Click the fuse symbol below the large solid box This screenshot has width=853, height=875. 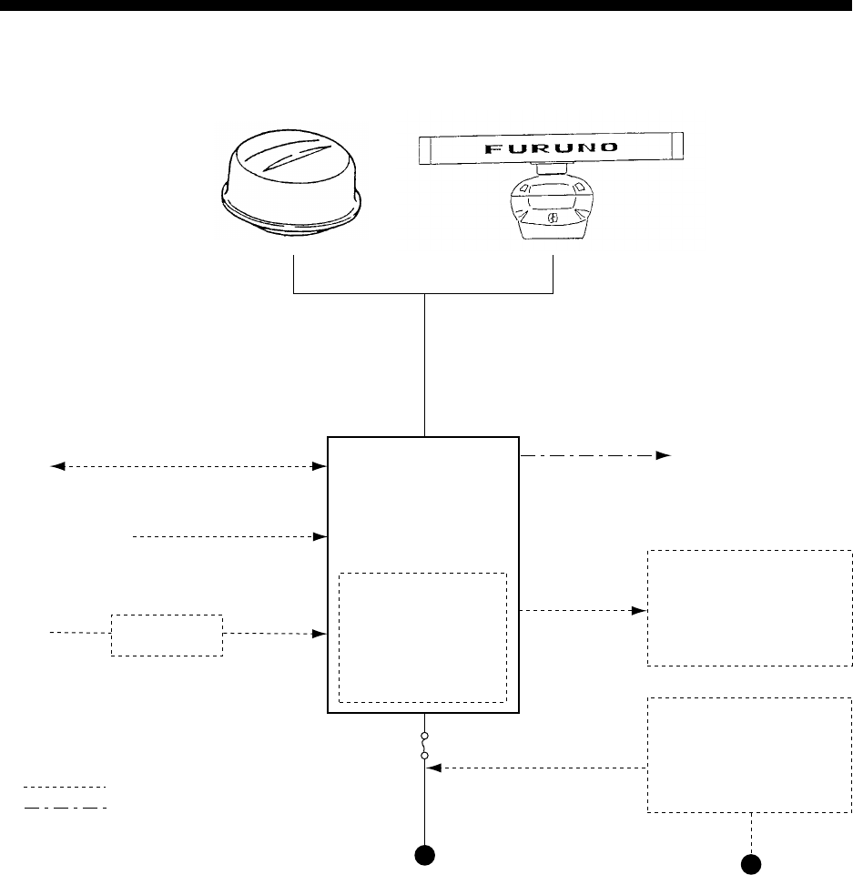tap(425, 745)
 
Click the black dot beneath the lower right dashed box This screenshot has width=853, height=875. tap(750, 861)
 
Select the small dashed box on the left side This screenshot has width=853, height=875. tap(167, 635)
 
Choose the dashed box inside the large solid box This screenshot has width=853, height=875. tap(421, 637)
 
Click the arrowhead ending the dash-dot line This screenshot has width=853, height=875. tap(664, 454)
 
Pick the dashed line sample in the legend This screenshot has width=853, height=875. tap(65, 786)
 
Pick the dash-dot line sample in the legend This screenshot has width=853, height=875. tap(65, 807)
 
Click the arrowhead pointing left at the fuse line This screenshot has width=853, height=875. tap(434, 768)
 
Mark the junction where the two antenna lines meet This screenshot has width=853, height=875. tap(425, 293)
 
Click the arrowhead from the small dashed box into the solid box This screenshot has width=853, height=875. tap(320, 633)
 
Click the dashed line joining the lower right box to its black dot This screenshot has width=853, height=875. tap(751, 830)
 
